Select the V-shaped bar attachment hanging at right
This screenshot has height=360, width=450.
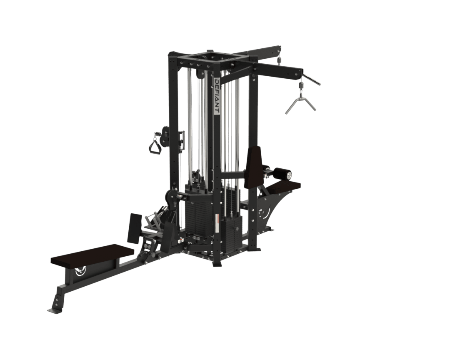[300, 102]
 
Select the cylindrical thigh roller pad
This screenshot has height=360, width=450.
[283, 172]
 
